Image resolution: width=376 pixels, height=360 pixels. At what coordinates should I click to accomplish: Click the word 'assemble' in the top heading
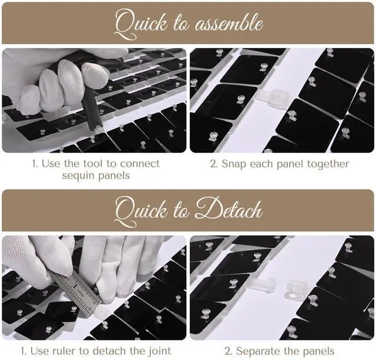pyautogui.click(x=229, y=24)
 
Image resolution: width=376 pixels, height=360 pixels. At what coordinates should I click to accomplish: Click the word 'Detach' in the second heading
pyautogui.click(x=229, y=210)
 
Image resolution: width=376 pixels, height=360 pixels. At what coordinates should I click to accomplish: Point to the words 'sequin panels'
pyautogui.click(x=96, y=176)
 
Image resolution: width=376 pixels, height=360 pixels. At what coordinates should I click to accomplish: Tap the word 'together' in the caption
pyautogui.click(x=328, y=164)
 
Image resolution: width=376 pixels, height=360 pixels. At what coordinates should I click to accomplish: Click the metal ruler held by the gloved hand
pyautogui.click(x=75, y=290)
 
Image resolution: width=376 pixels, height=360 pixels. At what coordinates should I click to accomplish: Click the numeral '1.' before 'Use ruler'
pyautogui.click(x=23, y=351)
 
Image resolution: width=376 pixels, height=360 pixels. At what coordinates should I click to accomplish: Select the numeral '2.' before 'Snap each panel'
pyautogui.click(x=214, y=164)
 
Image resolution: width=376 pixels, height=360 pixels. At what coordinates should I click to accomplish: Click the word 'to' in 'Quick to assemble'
pyautogui.click(x=182, y=24)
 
